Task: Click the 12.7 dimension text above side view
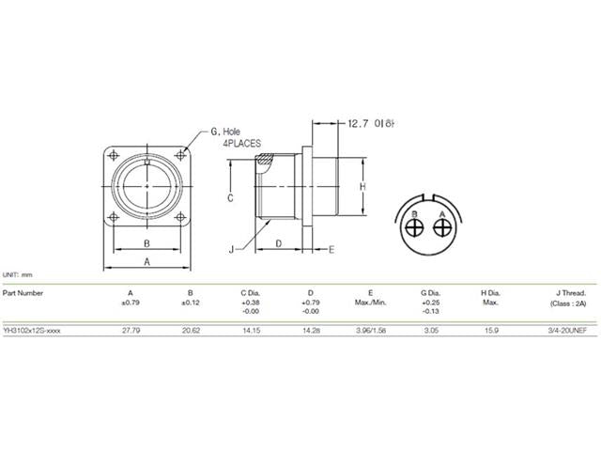click(x=358, y=123)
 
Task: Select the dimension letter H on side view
click(x=362, y=187)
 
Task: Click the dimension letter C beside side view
click(x=230, y=199)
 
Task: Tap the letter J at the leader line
click(x=230, y=249)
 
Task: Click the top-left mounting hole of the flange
click(x=115, y=156)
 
